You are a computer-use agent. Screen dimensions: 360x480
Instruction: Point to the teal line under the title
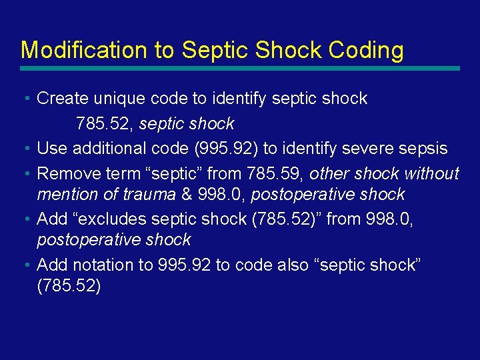tap(240, 68)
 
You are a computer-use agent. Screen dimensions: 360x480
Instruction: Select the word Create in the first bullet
tap(63, 99)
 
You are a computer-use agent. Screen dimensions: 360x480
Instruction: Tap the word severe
tap(375, 149)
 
